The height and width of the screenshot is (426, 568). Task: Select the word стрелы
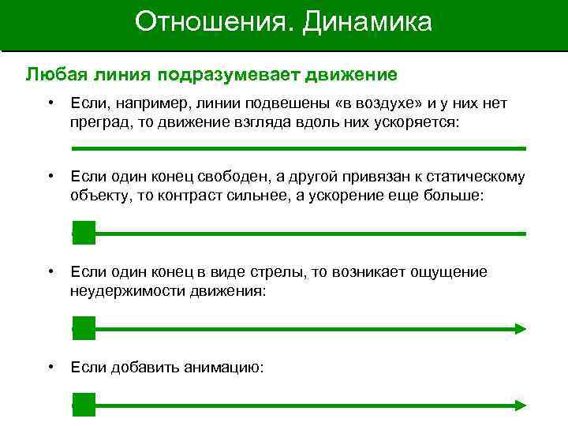click(280, 272)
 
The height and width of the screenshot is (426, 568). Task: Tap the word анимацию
click(224, 367)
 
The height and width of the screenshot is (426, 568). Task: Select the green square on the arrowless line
click(84, 233)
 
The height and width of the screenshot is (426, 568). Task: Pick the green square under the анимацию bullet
click(84, 405)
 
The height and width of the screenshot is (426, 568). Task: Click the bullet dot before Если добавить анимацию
click(50, 366)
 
